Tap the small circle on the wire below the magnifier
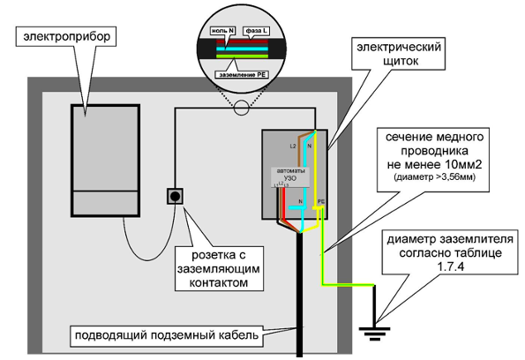click(x=242, y=109)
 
